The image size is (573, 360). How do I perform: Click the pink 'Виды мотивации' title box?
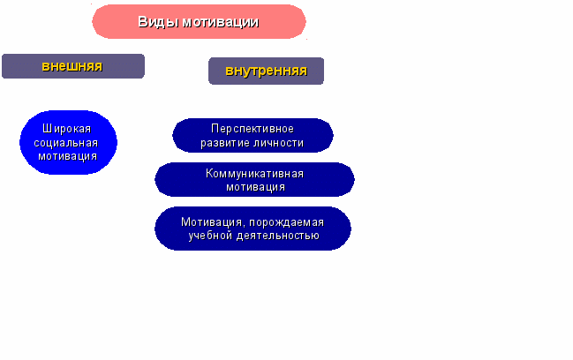tap(199, 21)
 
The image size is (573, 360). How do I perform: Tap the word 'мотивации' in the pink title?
tap(221, 22)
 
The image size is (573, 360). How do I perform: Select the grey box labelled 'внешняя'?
tap(73, 66)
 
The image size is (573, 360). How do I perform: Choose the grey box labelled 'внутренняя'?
tap(266, 71)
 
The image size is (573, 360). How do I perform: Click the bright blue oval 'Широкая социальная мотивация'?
tap(68, 142)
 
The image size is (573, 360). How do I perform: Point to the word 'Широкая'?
tap(66, 129)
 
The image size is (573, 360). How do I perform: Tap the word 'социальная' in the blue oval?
tap(66, 143)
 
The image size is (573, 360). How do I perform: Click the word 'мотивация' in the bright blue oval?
tap(68, 156)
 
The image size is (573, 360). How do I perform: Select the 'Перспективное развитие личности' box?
tap(253, 136)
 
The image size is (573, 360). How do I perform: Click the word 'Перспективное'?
tap(253, 129)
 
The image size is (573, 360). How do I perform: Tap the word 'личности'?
tap(278, 143)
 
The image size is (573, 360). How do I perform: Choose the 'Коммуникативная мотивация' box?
tap(254, 180)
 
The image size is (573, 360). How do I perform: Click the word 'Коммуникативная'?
tap(254, 173)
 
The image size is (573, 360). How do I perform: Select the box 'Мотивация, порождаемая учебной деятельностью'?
tap(253, 229)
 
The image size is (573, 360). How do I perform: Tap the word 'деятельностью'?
tap(278, 236)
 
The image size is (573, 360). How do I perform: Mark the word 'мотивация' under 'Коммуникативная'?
tap(255, 187)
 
